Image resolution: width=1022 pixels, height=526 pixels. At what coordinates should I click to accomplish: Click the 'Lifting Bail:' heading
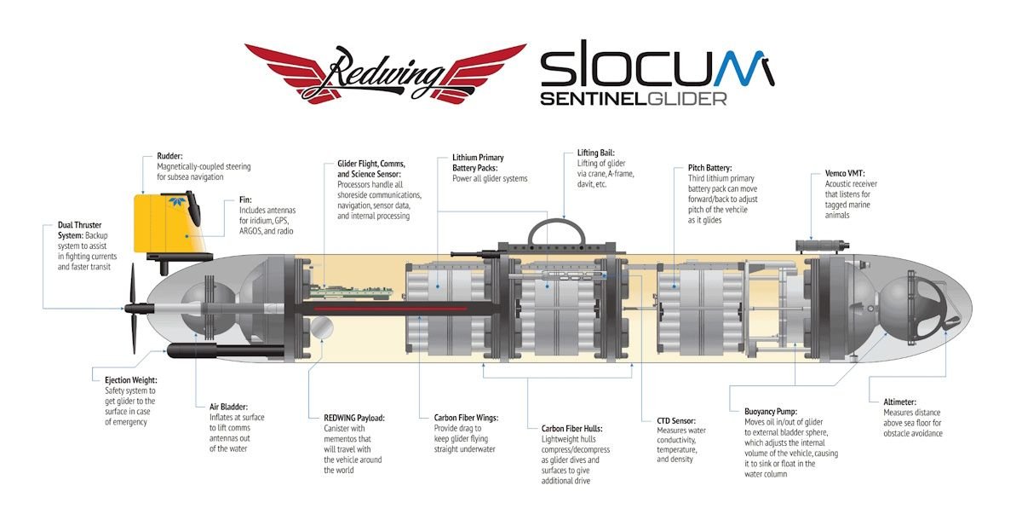(595, 153)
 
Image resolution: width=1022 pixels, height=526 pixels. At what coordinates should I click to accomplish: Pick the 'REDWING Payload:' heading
(354, 418)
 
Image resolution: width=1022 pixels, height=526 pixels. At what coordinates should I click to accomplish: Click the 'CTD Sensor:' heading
(676, 420)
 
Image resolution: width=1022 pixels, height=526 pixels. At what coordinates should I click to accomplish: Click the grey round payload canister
(324, 327)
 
